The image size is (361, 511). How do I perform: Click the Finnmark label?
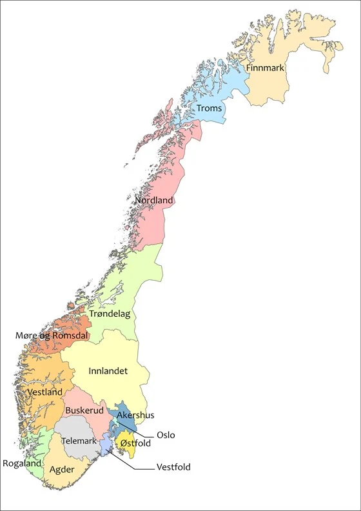pos(265,68)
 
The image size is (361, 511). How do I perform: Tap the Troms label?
pos(209,108)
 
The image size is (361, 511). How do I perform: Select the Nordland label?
pos(154,201)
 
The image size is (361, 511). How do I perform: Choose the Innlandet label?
pos(108,371)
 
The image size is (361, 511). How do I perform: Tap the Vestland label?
pos(45,392)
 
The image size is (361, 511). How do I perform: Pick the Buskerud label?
pos(84,410)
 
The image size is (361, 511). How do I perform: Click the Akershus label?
pos(135,415)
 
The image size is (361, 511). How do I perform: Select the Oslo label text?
pos(166,435)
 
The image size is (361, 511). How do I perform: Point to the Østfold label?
pos(135,443)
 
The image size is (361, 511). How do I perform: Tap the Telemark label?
pos(79,441)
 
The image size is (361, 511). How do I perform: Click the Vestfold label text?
pos(173,467)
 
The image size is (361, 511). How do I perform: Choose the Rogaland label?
pos(23,463)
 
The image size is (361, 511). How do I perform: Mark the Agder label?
pos(62,469)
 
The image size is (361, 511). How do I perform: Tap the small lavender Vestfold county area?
pos(104,447)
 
